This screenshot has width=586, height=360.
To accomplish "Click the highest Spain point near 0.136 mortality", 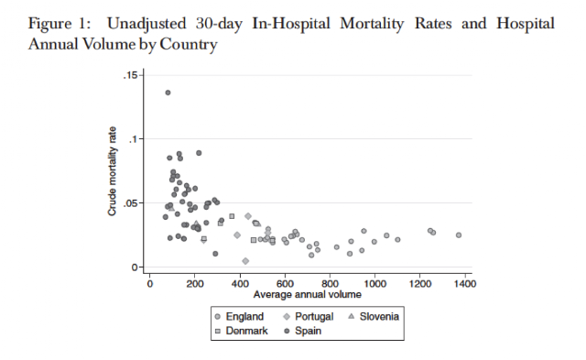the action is click(x=168, y=93).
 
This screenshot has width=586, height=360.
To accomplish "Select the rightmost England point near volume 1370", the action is click(x=459, y=235).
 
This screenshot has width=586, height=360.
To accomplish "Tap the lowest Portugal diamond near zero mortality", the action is click(x=245, y=261).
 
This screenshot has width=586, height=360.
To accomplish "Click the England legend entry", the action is click(x=240, y=317).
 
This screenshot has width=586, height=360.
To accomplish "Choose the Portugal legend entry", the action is click(x=309, y=317).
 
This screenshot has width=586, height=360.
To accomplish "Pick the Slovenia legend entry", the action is click(x=374, y=317).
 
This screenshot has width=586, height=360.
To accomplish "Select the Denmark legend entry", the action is click(x=242, y=331).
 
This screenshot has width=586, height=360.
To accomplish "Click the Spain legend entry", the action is click(x=303, y=331).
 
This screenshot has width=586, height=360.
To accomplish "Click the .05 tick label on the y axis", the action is click(x=130, y=203).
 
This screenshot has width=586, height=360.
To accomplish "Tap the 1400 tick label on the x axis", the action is click(x=465, y=284).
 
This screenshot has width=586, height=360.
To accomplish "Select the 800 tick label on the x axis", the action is click(x=330, y=284).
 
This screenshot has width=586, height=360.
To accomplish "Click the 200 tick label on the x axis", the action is click(x=195, y=284).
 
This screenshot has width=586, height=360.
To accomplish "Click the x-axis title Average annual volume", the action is click(x=308, y=295).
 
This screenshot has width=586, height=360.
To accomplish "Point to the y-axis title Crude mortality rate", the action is click(x=112, y=171).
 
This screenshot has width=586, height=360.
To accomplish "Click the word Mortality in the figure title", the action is click(x=372, y=24).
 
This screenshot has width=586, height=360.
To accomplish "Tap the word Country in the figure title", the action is click(x=189, y=45).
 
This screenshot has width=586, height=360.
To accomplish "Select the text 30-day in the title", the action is click(x=219, y=24).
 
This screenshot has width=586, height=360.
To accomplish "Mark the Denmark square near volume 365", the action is click(x=232, y=216).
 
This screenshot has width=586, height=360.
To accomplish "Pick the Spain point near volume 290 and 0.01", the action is click(x=215, y=254).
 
